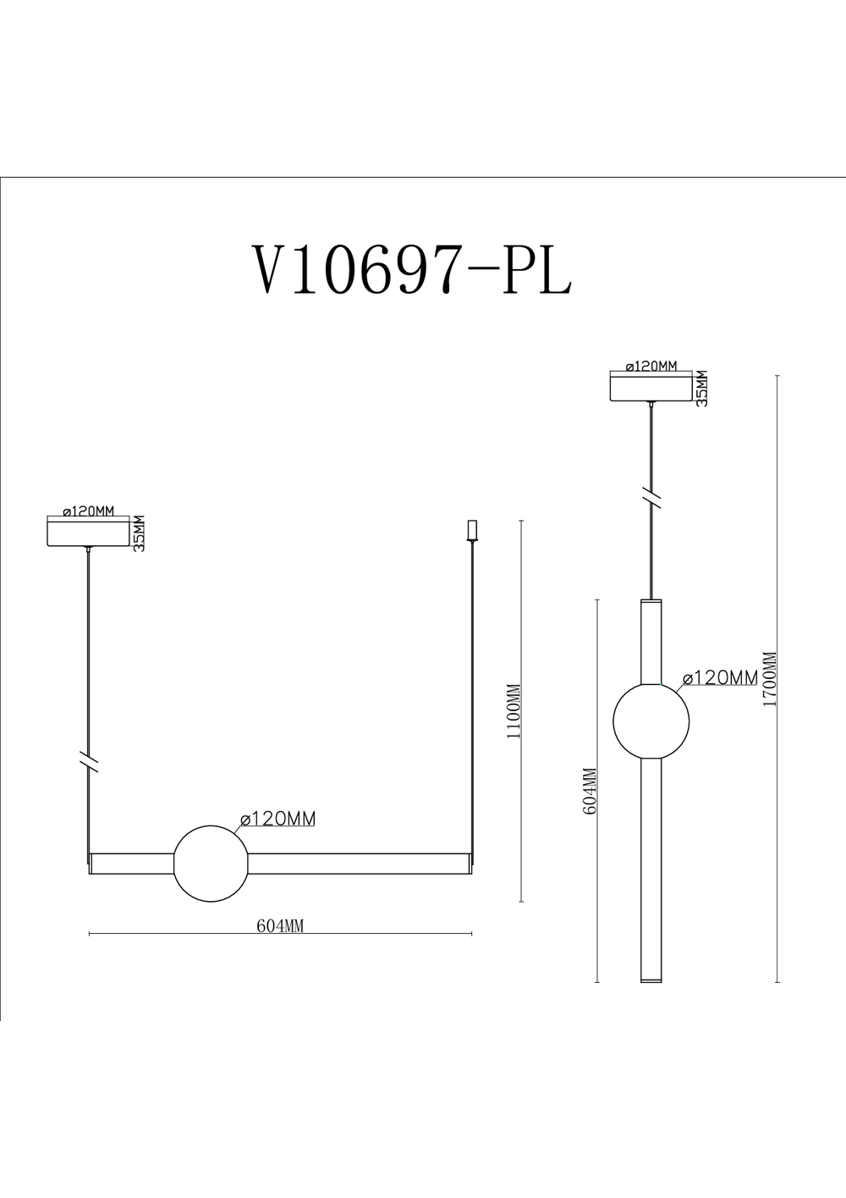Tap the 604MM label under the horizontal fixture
tap(280, 926)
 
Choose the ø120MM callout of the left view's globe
tap(278, 819)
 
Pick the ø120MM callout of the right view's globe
tap(720, 677)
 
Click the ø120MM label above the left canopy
tap(88, 511)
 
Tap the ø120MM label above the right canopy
tap(651, 367)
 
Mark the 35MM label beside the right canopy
tap(701, 388)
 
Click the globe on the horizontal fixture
tap(211, 864)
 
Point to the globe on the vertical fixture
tap(651, 720)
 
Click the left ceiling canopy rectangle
tap(89, 534)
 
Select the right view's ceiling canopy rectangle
tap(651, 388)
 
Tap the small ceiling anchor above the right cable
tap(472, 530)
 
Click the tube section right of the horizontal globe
tap(360, 864)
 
